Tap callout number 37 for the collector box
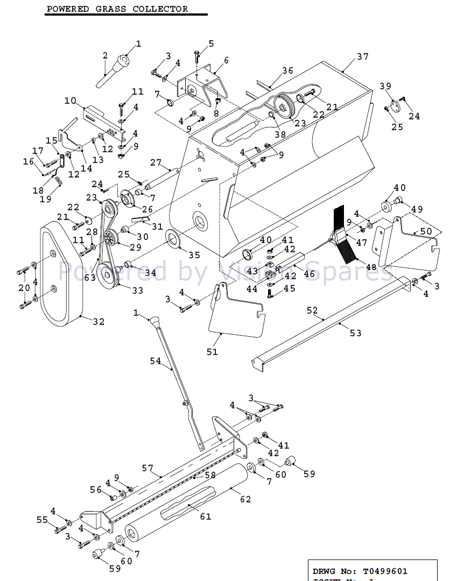[362, 57]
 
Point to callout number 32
[98, 322]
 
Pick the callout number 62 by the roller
[245, 499]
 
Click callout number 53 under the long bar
[356, 333]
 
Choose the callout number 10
[71, 101]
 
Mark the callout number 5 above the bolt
[211, 43]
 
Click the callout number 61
[205, 516]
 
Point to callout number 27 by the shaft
[156, 162]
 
